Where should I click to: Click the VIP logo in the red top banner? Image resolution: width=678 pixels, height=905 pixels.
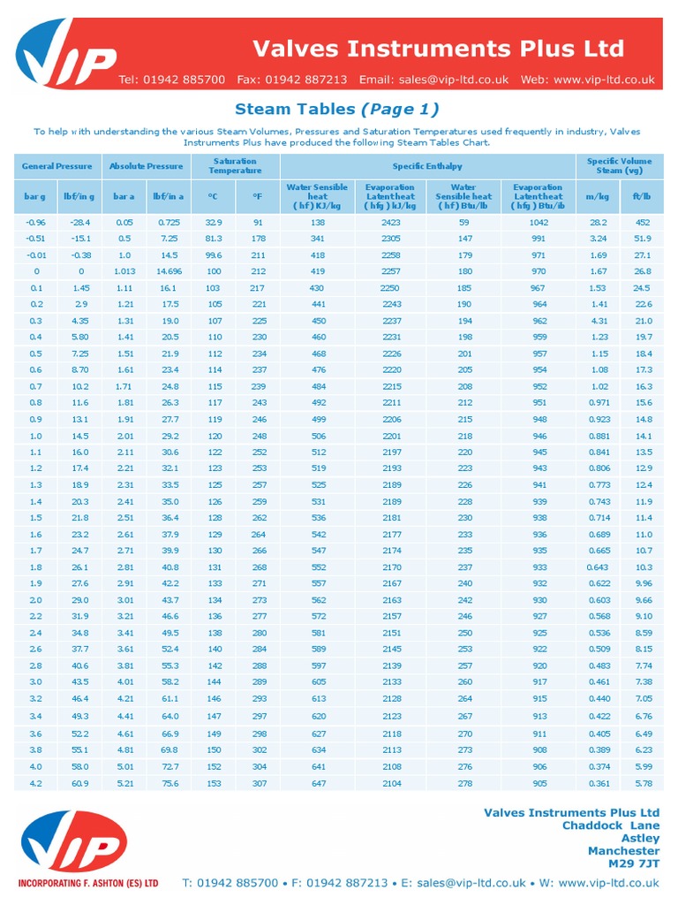coord(67,58)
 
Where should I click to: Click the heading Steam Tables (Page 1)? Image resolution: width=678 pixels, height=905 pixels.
coord(336,110)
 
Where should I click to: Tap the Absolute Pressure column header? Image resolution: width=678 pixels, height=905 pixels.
coord(146,165)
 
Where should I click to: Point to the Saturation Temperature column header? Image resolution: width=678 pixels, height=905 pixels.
coord(235,165)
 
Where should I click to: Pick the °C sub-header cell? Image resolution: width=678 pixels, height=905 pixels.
coord(213,196)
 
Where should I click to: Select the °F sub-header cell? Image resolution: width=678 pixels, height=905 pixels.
coord(257,196)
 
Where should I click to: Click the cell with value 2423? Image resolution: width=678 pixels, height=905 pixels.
coord(390,223)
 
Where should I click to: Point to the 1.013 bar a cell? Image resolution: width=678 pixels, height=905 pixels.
coord(124,271)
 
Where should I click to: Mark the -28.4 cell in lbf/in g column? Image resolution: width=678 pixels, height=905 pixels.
coord(80,223)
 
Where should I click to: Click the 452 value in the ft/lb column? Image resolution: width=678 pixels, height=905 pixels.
coord(643,223)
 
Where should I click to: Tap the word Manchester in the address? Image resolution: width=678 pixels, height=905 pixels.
coord(623,851)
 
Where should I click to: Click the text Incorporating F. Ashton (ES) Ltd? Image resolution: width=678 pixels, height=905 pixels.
coord(88,883)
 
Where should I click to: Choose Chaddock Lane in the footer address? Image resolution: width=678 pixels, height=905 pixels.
coord(611,825)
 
